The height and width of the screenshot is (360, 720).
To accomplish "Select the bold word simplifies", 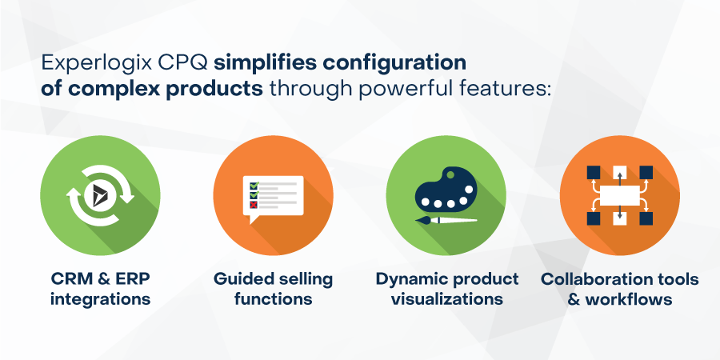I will (x=266, y=62).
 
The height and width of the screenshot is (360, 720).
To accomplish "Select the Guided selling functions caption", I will (x=273, y=289).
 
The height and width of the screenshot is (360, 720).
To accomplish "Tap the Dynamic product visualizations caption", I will (x=447, y=289).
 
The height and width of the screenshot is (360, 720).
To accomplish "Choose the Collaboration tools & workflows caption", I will (x=620, y=289).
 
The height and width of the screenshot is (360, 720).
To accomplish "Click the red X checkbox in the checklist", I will (x=254, y=205).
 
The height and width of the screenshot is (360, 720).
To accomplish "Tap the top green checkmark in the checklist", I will (x=254, y=185).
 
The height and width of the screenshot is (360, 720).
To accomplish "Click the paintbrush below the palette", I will (x=446, y=218).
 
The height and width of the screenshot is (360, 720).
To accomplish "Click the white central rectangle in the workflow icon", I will (x=620, y=194).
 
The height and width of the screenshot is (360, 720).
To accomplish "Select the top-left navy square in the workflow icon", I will (x=594, y=171).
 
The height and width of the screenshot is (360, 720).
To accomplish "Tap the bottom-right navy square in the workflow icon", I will (x=646, y=218).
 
